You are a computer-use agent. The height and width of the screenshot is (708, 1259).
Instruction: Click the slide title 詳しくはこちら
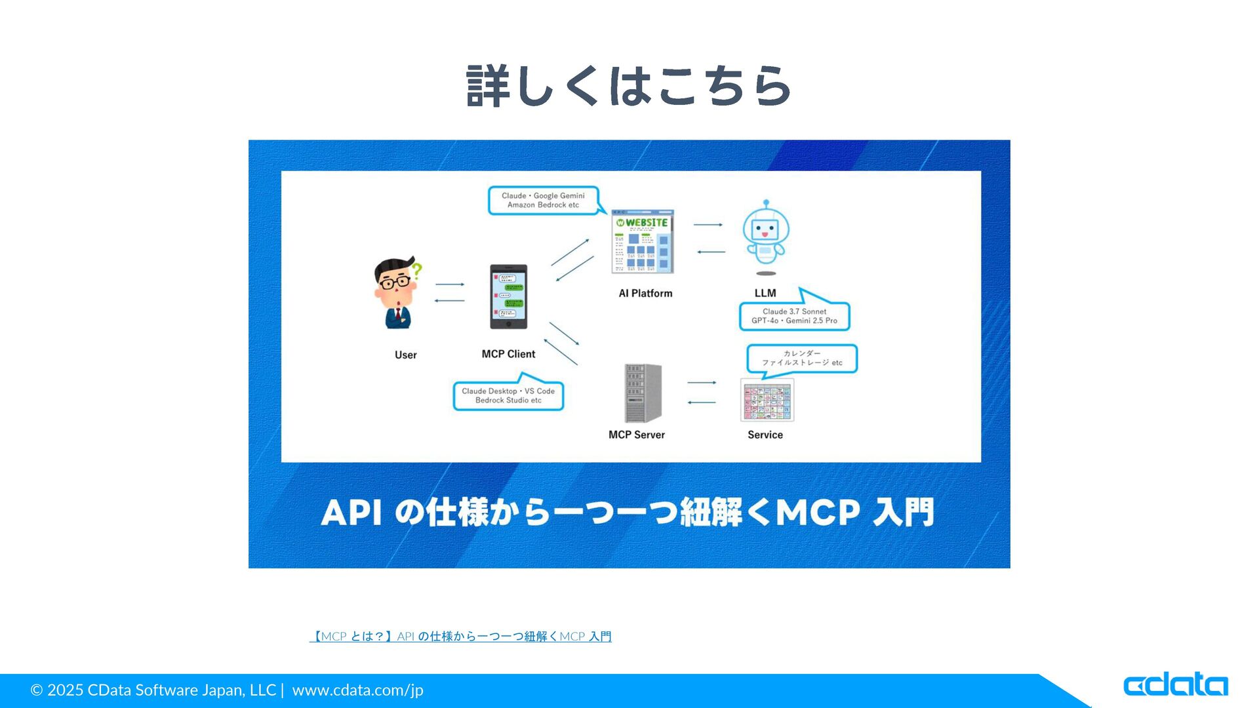pos(629,86)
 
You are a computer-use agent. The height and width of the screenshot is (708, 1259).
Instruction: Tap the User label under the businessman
pos(405,355)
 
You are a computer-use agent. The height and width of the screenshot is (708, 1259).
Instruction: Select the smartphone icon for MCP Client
pos(508,296)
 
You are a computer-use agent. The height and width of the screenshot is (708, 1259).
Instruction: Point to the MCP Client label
pos(508,354)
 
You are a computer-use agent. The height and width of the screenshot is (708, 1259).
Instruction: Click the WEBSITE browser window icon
pos(643,241)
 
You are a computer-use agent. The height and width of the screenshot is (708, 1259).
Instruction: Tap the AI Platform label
pos(645,293)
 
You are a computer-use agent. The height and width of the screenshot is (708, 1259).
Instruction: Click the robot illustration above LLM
pos(765,235)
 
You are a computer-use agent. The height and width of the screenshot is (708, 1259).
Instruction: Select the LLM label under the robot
pos(765,293)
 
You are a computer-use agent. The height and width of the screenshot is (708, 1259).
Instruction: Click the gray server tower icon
pos(643,393)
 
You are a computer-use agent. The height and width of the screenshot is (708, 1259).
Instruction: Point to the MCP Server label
pos(636,435)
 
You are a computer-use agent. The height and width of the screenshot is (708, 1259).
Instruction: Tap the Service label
pos(765,435)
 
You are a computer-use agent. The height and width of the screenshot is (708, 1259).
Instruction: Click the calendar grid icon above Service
pos(767,400)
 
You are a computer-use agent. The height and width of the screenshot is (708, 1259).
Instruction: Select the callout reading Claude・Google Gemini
pos(543,200)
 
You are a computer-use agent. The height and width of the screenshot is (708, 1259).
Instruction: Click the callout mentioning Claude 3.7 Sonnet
pos(794,316)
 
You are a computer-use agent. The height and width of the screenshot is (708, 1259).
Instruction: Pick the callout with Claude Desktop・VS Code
pos(508,395)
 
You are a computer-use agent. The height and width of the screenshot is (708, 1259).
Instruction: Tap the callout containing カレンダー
pos(802,358)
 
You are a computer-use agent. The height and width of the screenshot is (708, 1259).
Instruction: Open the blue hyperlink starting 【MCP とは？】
pos(460,637)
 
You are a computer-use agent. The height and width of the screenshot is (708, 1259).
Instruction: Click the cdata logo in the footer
pos(1175,686)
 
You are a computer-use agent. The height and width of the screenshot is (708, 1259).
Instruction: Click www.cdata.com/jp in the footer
pos(357,690)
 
